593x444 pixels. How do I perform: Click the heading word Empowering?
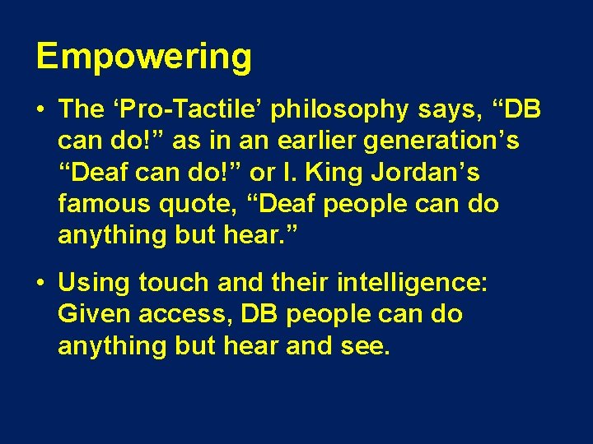(143, 58)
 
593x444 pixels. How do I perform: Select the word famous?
(102, 203)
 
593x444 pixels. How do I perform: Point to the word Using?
(94, 284)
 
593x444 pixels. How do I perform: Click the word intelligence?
(413, 284)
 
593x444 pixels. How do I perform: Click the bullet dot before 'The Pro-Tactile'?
(41, 110)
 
